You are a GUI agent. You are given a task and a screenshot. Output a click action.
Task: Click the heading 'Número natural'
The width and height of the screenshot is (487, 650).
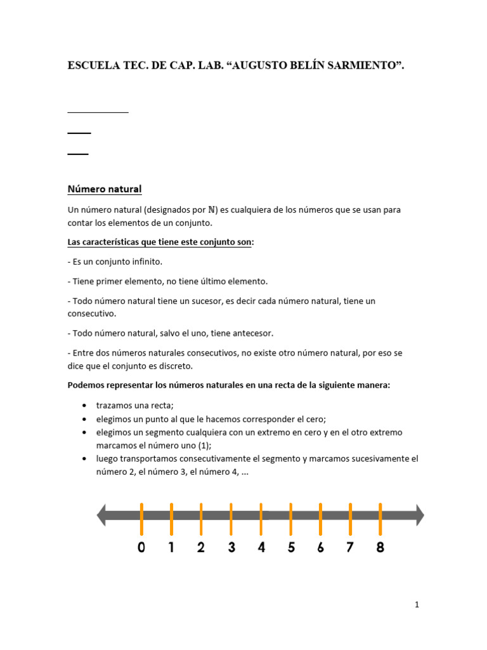coord(105,189)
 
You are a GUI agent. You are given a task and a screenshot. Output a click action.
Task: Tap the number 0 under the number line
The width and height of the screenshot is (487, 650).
coord(141,547)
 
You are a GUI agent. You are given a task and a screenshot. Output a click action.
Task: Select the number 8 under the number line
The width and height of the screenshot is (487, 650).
coord(380,547)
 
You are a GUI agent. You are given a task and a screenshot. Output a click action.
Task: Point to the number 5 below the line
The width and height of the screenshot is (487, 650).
coord(291,547)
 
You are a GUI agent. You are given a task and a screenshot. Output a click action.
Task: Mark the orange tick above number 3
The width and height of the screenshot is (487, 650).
coord(231,519)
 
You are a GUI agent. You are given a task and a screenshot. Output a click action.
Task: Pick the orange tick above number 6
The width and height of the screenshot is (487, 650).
coord(320,519)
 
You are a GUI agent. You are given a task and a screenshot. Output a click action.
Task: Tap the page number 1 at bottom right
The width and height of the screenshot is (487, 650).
coord(417,605)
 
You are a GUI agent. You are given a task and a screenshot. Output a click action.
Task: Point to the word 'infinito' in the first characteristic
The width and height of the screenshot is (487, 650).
coord(146,262)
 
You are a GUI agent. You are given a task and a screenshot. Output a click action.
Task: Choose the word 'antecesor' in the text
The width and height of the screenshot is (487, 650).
coord(252,333)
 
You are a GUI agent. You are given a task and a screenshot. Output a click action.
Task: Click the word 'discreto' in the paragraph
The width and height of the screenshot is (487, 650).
coord(193,366)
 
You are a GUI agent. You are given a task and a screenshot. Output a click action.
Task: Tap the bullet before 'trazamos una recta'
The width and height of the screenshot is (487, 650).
coord(85,406)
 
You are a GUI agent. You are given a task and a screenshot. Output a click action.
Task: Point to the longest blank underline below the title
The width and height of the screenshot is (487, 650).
coord(98,112)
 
